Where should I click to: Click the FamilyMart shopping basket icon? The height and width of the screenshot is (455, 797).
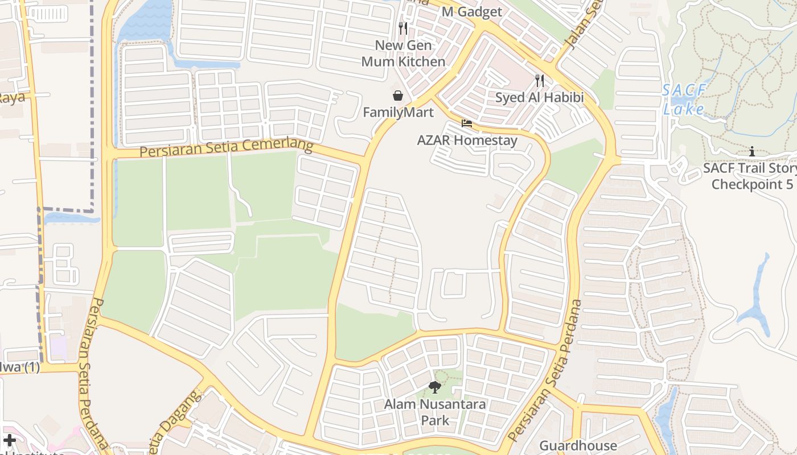tap(398, 95)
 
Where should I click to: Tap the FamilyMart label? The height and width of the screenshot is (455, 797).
tap(398, 113)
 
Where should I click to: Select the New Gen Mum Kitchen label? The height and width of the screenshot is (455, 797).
tap(404, 53)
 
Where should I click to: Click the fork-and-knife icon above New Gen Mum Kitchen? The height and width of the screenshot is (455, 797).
tap(403, 28)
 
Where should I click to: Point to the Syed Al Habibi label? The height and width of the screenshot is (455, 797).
tap(539, 97)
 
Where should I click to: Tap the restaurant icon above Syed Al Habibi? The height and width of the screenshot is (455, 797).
tap(539, 81)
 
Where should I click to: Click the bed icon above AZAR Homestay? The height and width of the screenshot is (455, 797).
tap(467, 123)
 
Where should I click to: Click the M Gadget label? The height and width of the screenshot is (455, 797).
tap(472, 12)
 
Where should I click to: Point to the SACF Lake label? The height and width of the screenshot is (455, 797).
tap(684, 100)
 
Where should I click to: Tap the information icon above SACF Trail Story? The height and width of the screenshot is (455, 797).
tap(752, 151)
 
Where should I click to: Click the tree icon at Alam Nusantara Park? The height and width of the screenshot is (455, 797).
tap(435, 388)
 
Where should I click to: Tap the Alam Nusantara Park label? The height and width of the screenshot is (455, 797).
tap(435, 412)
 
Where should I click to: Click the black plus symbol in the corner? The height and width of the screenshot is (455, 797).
tap(10, 440)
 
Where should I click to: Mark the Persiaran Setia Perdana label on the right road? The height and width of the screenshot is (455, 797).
tap(547, 371)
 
